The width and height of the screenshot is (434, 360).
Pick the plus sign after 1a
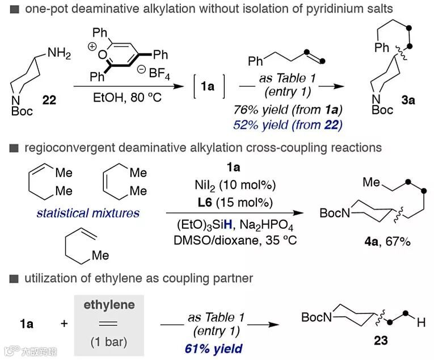[x=64, y=324]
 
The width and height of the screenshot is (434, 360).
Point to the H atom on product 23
[x=420, y=323]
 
